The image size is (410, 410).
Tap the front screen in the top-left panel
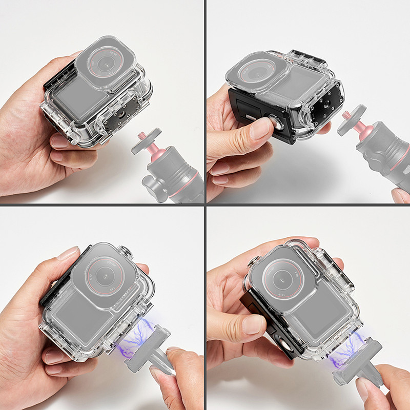tap(77, 97)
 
